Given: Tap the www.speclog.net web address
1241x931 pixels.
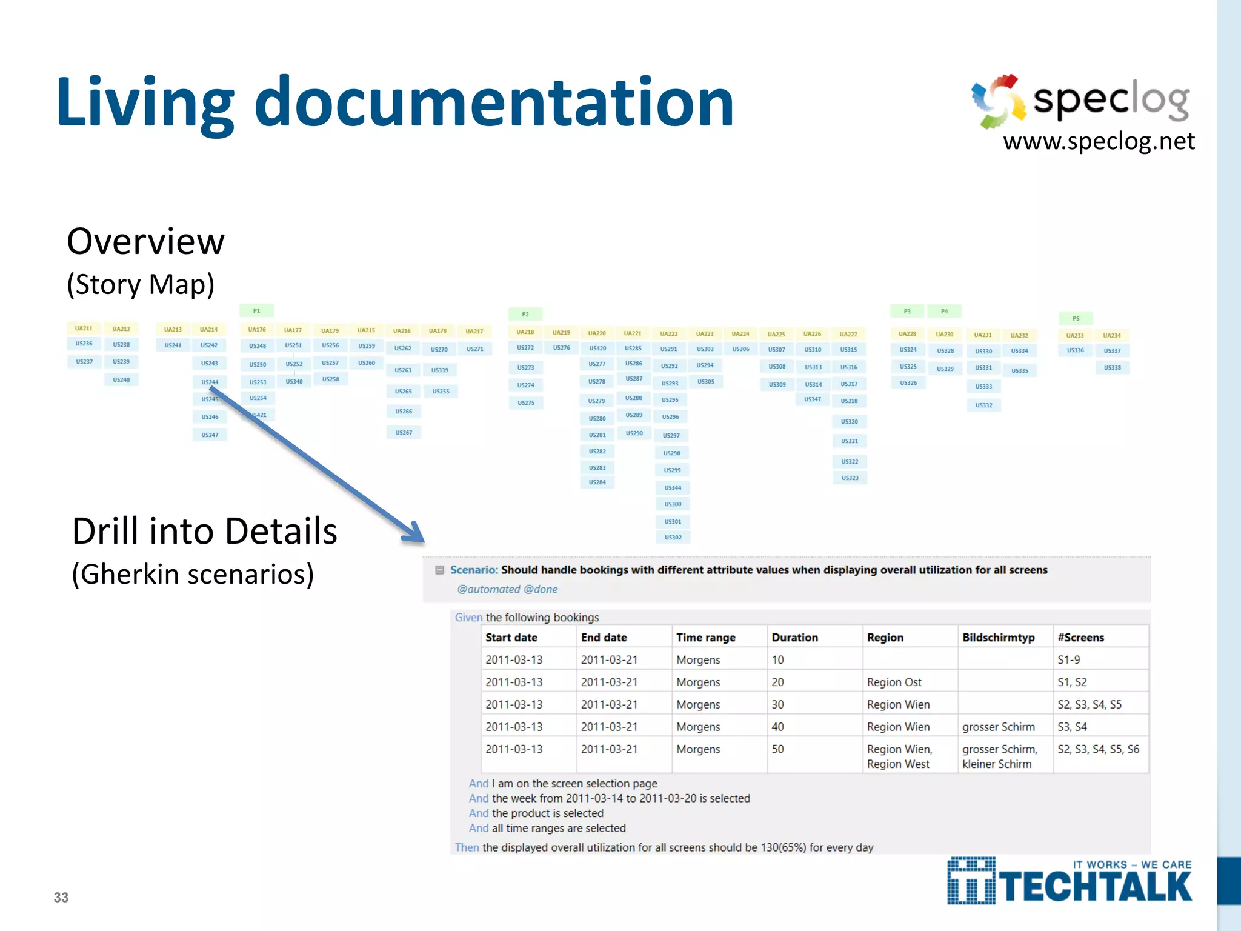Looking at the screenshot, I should (1099, 141).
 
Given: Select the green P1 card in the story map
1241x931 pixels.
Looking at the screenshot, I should (256, 311).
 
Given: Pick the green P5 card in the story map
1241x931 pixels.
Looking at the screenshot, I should (1076, 318).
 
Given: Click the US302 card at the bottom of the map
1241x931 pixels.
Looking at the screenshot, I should (673, 538).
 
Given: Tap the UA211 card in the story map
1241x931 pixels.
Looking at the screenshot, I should (84, 329).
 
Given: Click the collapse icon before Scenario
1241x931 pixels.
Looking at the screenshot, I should (439, 570).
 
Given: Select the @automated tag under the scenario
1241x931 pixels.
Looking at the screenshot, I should (488, 589).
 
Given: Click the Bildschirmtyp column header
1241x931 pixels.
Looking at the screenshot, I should (998, 638).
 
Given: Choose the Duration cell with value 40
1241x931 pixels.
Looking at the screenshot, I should (777, 727).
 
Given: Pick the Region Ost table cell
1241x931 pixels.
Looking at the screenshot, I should (894, 682).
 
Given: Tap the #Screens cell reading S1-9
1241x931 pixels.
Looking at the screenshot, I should (1068, 660).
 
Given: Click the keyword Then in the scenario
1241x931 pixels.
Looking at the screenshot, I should (467, 847).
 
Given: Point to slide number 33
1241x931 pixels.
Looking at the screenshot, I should (61, 898).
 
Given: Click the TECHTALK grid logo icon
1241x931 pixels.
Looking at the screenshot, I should (971, 881).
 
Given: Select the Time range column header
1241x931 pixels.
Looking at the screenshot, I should (705, 638).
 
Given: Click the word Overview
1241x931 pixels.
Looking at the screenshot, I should (145, 241).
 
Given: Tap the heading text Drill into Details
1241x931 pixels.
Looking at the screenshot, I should (204, 532).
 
